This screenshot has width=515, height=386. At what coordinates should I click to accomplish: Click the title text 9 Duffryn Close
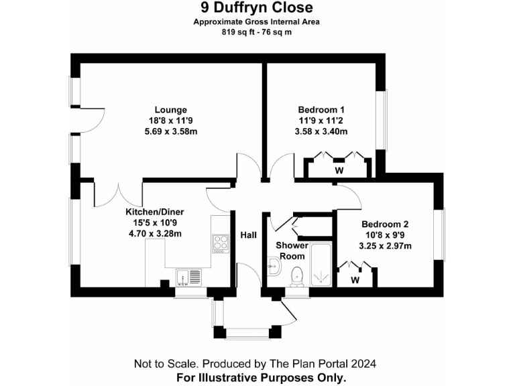tap(257, 8)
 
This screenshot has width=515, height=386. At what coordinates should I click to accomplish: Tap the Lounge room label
tap(170, 110)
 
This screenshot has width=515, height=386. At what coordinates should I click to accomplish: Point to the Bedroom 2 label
tap(384, 224)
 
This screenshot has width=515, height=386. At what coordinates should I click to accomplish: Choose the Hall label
tap(249, 236)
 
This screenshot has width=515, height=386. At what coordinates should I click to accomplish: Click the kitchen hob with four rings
tap(221, 244)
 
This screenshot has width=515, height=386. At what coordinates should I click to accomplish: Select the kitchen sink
tap(188, 276)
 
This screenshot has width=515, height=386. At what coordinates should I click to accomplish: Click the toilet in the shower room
tap(297, 275)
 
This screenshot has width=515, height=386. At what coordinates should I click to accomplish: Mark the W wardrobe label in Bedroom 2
tap(355, 279)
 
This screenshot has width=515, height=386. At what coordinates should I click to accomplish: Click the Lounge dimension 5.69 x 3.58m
tap(170, 131)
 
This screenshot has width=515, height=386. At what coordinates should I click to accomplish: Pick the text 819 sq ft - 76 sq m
tap(257, 32)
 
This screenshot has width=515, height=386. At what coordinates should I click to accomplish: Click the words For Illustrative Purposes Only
tap(261, 377)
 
